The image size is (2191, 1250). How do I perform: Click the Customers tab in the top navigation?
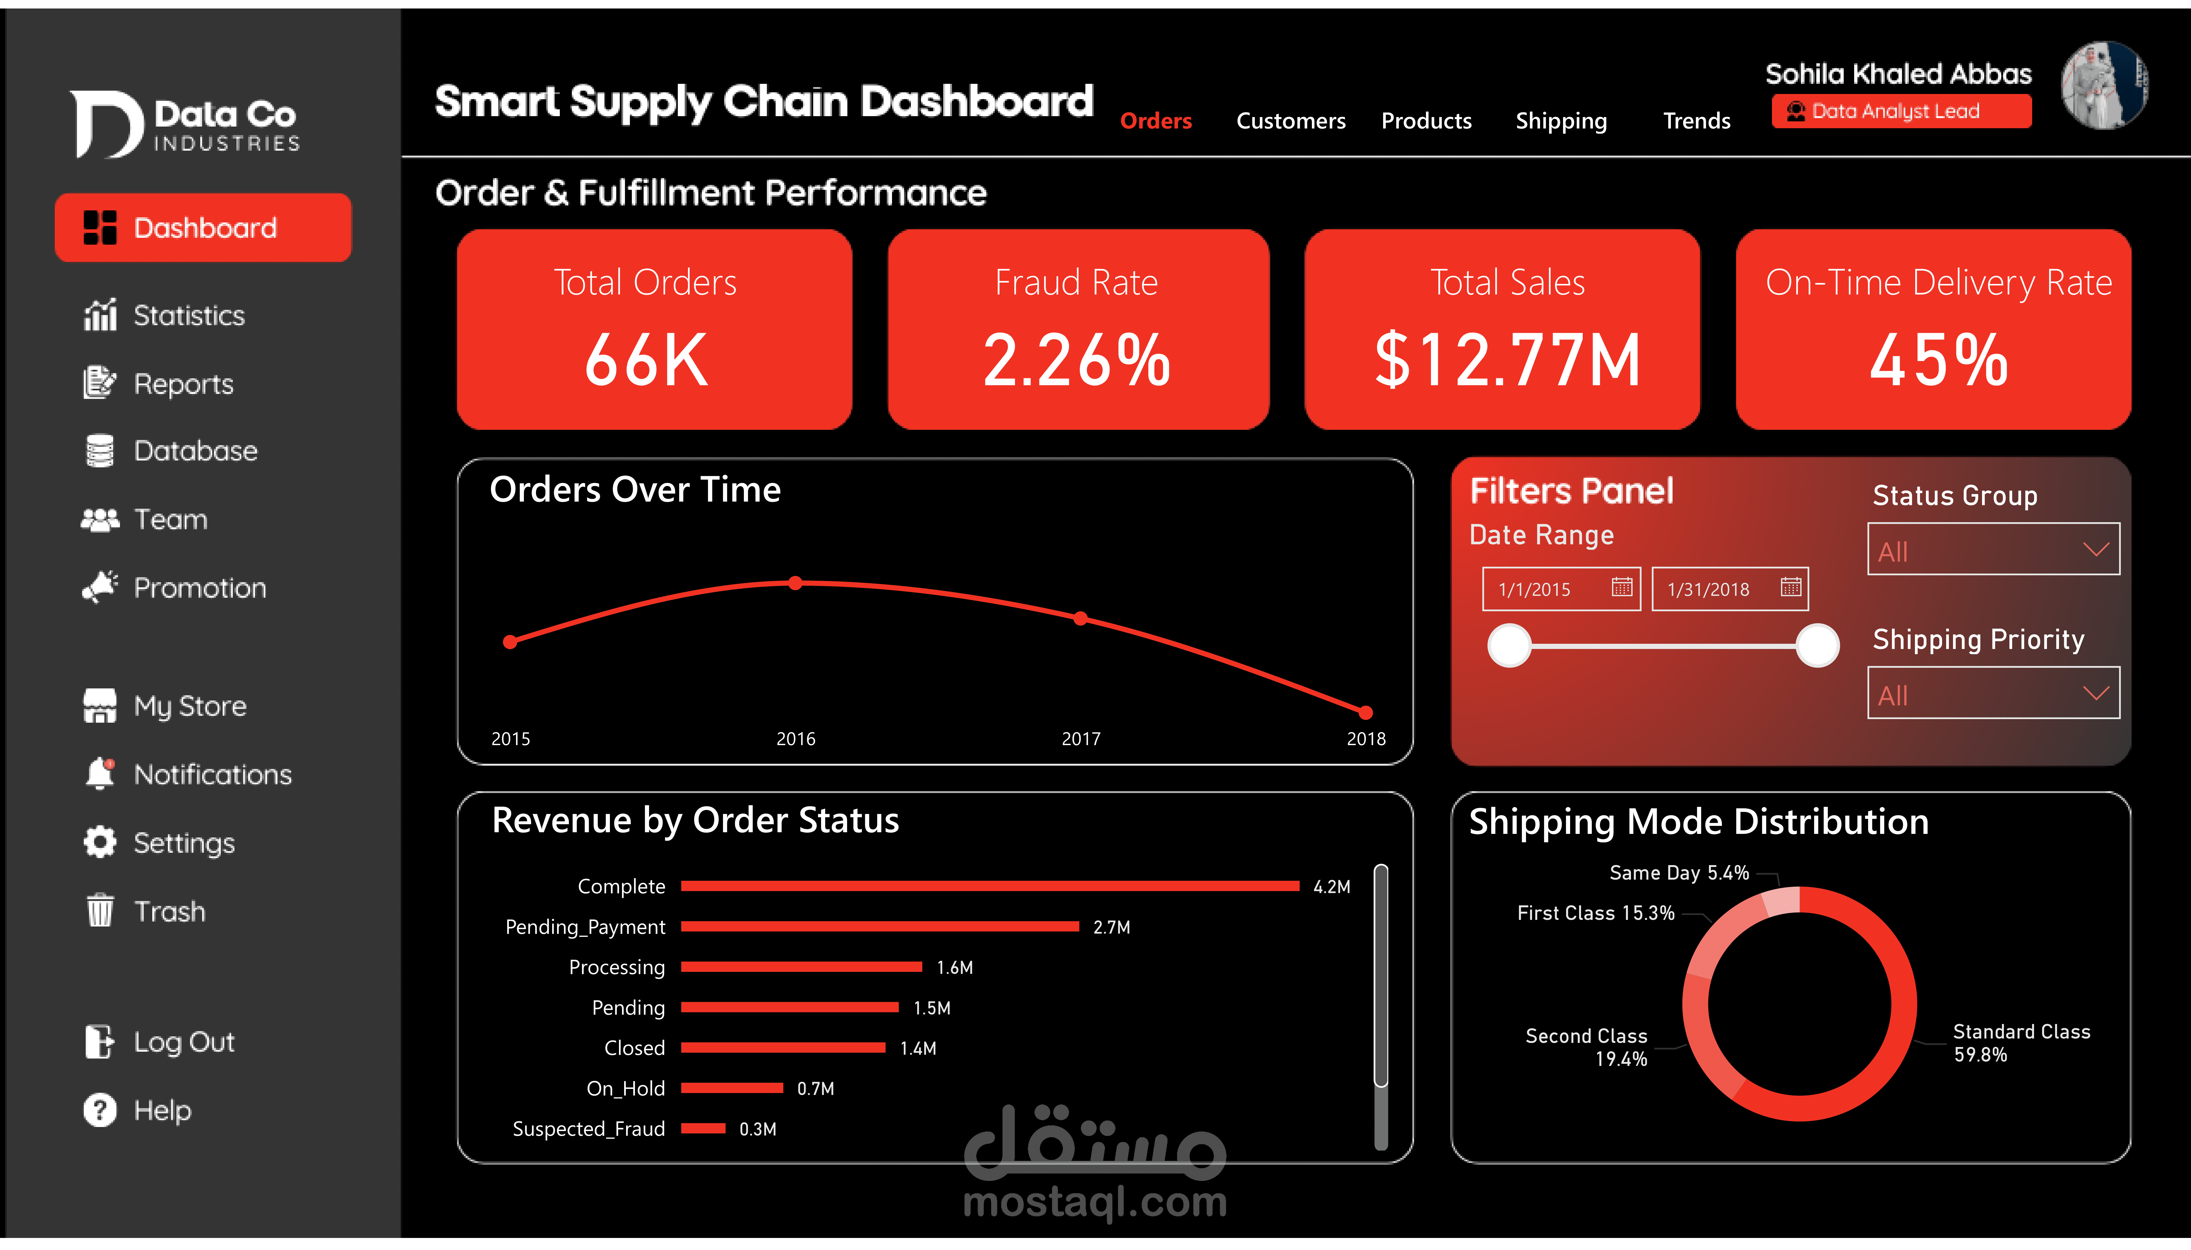1290,121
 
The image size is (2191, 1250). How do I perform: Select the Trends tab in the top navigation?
1696,121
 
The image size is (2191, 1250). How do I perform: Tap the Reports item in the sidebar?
183,384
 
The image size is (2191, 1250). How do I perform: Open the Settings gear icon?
99,842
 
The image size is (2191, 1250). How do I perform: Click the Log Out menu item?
183,1041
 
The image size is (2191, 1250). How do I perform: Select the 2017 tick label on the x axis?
1080,738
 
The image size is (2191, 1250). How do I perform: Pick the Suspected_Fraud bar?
703,1128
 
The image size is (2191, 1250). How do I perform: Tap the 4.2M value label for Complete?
1331,887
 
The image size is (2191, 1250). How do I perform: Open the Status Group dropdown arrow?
2095,550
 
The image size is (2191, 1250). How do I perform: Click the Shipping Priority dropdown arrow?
2095,693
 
